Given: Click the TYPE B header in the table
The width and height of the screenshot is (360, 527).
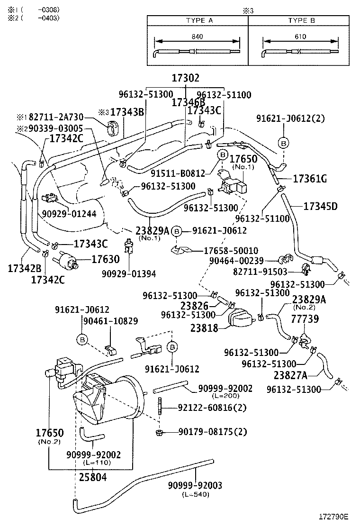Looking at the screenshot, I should click(x=301, y=20).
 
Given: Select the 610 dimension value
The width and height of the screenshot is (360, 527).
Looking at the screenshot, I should click(x=300, y=36).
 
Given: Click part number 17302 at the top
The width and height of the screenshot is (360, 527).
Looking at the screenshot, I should click(x=185, y=79).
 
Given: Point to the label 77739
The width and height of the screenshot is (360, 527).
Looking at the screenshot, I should click(x=305, y=319).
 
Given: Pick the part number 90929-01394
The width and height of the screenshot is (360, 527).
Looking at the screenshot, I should click(x=128, y=273).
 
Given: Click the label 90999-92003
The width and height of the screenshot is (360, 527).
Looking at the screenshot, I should click(x=195, y=485).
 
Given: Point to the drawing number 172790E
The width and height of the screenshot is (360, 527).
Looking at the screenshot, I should click(x=333, y=517).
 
